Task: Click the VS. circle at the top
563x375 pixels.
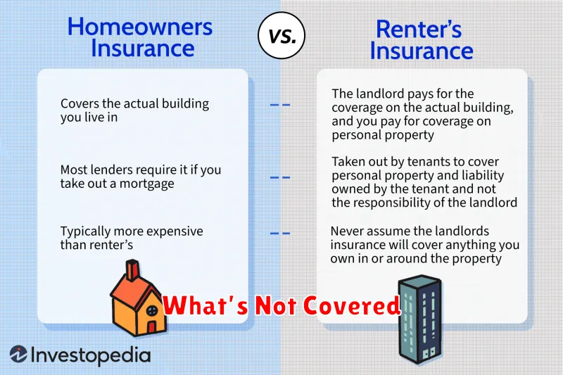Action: pos(281,35)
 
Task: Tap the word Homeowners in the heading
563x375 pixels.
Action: pos(140,27)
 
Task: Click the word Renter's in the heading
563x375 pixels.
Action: pos(419,29)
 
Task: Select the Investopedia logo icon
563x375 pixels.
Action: pos(18,354)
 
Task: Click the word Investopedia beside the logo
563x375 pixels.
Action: pos(91,355)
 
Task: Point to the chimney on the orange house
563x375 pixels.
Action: pos(132,270)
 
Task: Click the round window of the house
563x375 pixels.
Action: pos(152,310)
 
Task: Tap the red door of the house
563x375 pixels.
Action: pos(151,327)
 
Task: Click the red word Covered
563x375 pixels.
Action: pos(351,306)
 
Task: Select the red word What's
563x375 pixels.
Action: pos(205,306)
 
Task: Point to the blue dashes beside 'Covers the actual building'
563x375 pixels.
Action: pos(279,105)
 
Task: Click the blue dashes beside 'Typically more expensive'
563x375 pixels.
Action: pos(279,234)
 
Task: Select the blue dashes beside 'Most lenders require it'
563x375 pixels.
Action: pos(279,177)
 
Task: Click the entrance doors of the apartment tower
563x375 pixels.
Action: pos(429,353)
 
